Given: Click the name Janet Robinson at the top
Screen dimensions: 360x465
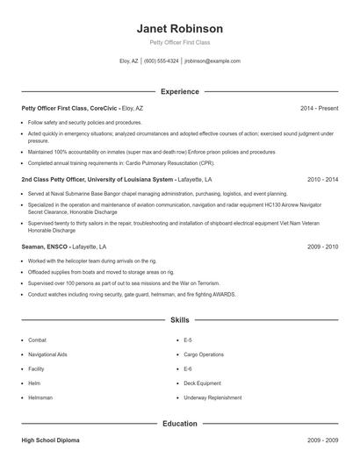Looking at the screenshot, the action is pyautogui.click(x=179, y=28).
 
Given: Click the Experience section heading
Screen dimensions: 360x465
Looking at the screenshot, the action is pyautogui.click(x=179, y=91).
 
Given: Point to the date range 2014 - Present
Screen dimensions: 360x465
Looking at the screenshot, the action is pyautogui.click(x=319, y=108).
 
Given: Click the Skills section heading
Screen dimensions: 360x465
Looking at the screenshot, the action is pyautogui.click(x=179, y=321).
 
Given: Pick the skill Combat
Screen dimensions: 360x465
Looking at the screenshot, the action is pyautogui.click(x=37, y=340).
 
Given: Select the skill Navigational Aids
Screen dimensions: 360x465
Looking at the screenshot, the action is pyautogui.click(x=47, y=354).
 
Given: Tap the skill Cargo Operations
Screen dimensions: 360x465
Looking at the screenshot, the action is pyautogui.click(x=203, y=354).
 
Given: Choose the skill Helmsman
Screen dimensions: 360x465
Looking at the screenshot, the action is pyautogui.click(x=40, y=397).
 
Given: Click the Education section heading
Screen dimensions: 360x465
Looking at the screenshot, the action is pyautogui.click(x=179, y=424).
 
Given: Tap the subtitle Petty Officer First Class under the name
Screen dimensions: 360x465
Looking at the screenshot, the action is pyautogui.click(x=179, y=42).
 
